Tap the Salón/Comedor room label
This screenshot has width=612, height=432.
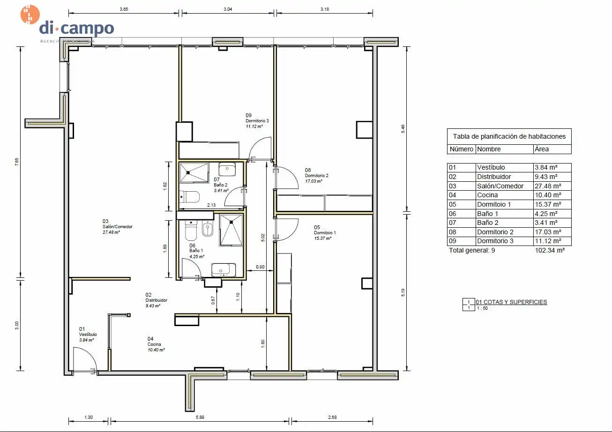[117, 226]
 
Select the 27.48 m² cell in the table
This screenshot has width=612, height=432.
[552, 186]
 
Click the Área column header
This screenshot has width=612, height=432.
[542, 149]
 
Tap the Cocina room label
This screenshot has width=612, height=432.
[154, 344]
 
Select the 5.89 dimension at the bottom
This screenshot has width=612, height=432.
[200, 417]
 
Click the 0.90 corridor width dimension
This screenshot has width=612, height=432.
[260, 267]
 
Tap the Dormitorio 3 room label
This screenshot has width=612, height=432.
[257, 120]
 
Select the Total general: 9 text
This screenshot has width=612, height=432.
[472, 250]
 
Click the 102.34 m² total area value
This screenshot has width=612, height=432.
[550, 250]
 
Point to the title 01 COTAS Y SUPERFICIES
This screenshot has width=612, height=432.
[511, 302]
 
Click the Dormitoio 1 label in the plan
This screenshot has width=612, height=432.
[325, 232]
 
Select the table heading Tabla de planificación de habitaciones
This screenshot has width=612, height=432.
[509, 136]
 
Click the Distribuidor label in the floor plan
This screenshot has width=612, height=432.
[156, 300]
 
